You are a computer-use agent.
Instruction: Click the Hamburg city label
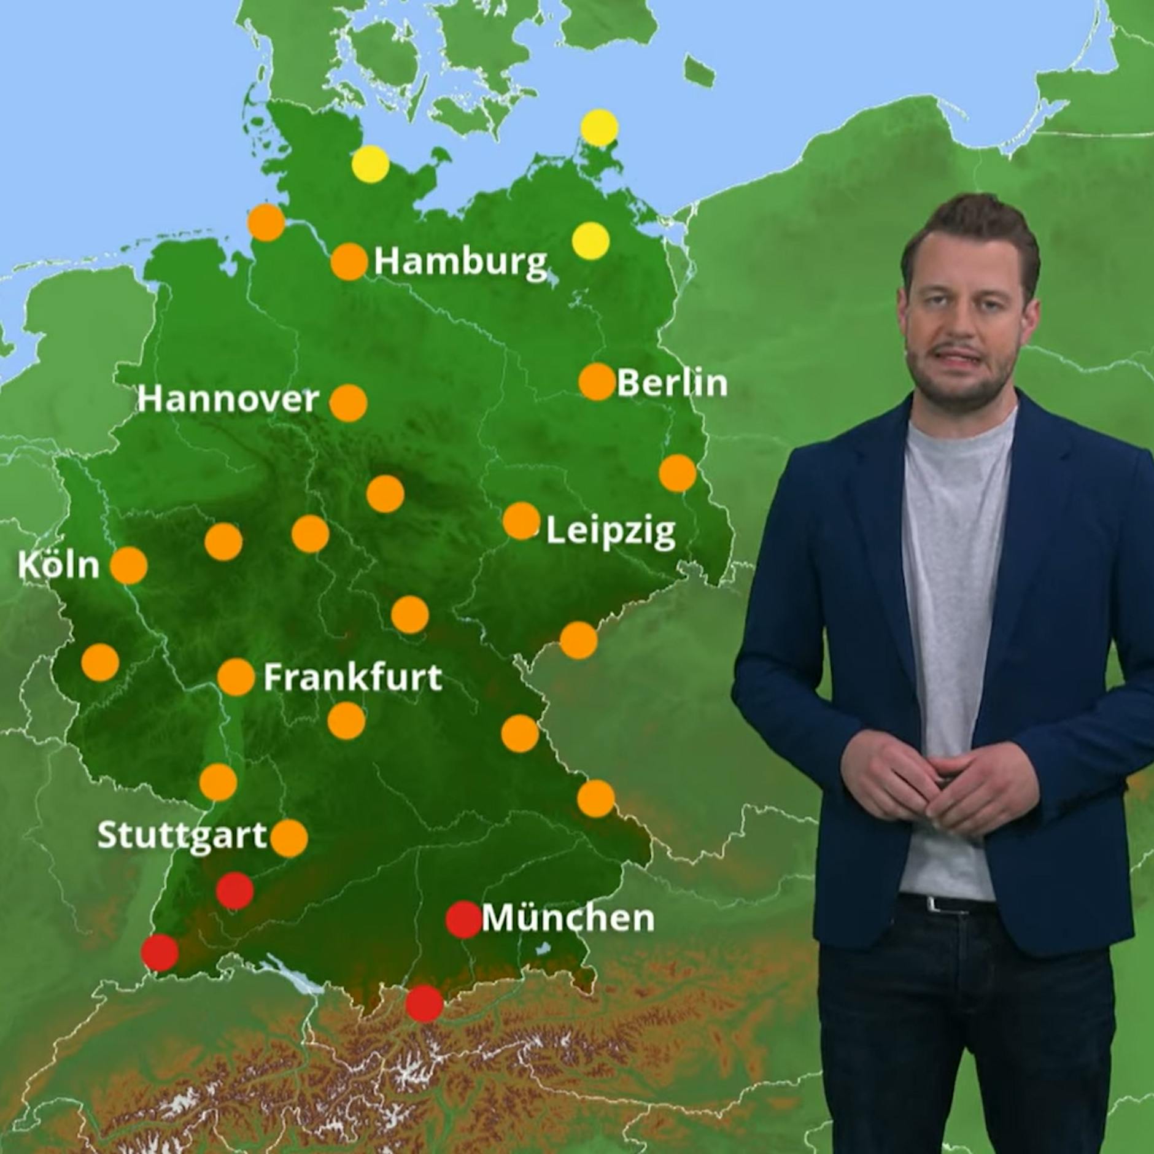(460, 262)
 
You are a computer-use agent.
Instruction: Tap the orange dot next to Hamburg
(349, 261)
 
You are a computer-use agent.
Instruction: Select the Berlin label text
(672, 383)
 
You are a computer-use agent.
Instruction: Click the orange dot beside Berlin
(597, 381)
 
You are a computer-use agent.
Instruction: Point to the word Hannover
(228, 400)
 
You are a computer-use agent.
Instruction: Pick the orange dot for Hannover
(348, 403)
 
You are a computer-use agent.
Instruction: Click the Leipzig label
(610, 531)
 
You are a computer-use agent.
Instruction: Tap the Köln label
(58, 565)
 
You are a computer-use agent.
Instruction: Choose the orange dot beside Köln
(129, 565)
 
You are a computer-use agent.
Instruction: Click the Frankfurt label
(352, 678)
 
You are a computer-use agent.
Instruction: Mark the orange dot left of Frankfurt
(236, 677)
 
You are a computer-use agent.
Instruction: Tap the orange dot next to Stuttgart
(289, 838)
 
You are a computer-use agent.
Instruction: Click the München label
(568, 918)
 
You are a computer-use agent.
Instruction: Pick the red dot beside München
(463, 920)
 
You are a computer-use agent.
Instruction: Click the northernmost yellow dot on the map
(599, 128)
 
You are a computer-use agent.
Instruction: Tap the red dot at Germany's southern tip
(424, 1003)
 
